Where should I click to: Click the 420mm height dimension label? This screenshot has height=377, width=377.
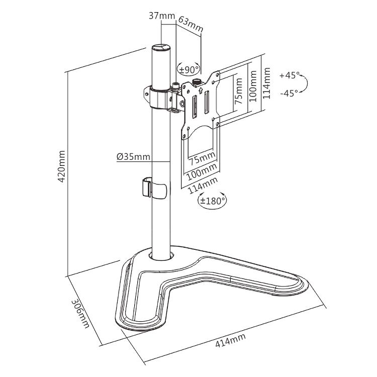62,166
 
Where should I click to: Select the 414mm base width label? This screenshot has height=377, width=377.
230,340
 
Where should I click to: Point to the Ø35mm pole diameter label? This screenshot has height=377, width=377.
133,157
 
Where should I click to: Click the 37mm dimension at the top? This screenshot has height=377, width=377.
162,16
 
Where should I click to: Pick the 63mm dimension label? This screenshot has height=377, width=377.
191,24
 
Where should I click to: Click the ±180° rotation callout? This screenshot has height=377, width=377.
212,200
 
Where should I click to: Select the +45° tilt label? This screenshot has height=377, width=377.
290,75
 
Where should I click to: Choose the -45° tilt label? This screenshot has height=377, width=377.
290,92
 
